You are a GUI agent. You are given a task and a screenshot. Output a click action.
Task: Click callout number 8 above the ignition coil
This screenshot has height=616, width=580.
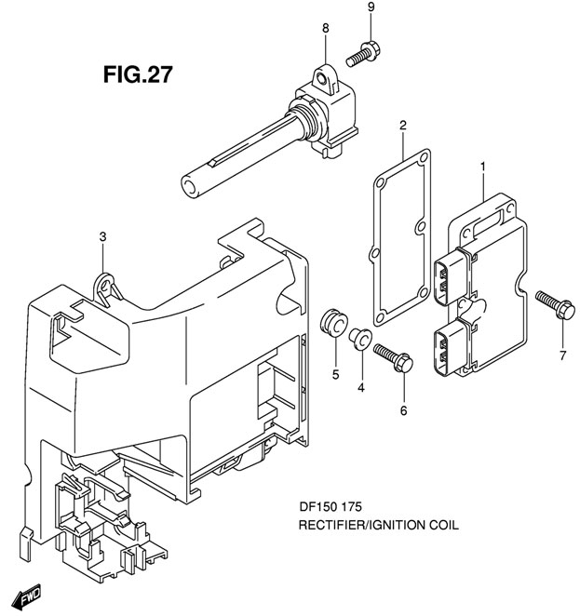(x=326, y=29)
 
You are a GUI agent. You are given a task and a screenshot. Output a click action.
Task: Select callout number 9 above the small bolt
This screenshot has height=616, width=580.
(x=371, y=8)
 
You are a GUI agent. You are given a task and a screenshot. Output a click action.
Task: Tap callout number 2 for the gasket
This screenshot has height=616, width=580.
(x=403, y=125)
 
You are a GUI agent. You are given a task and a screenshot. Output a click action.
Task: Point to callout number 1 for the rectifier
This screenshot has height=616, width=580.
(x=483, y=167)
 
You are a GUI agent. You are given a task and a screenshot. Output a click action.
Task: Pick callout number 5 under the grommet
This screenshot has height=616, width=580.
(x=336, y=377)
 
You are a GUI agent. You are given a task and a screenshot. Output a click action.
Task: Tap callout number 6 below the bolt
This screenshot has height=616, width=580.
(x=403, y=409)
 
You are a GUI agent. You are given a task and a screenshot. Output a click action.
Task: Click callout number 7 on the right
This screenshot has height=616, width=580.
(x=562, y=355)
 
